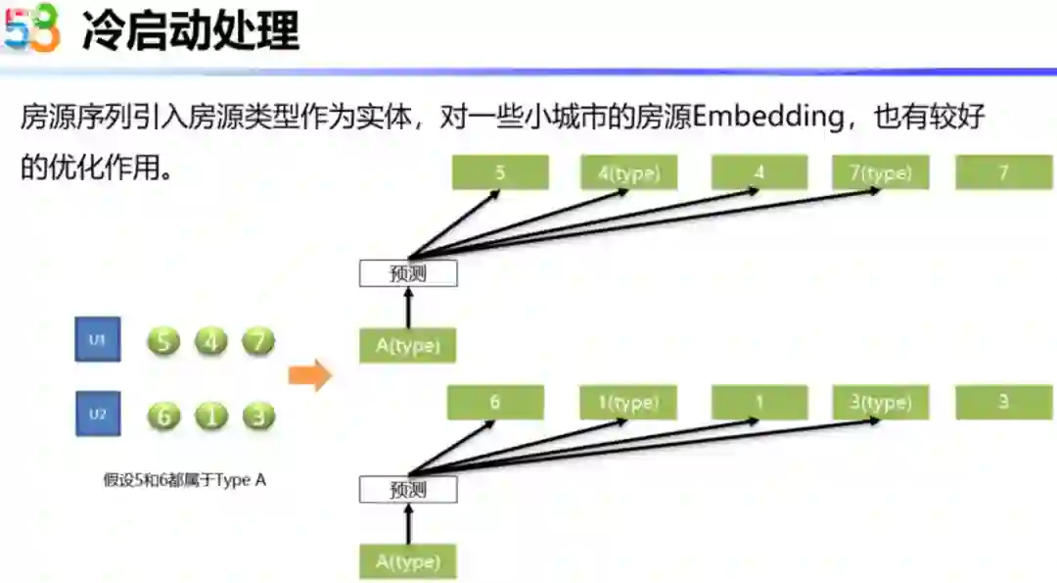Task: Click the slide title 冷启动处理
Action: (x=190, y=31)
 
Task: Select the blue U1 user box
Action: (x=97, y=340)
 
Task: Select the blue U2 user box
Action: (x=97, y=413)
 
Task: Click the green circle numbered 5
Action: (x=163, y=342)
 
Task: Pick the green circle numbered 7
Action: (x=257, y=342)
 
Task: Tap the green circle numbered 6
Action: (x=163, y=415)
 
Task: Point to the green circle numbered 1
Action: (x=210, y=415)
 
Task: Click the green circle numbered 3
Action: (x=257, y=415)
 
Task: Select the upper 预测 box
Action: (x=408, y=273)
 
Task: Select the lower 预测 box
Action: (x=408, y=490)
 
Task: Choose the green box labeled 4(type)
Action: (x=628, y=173)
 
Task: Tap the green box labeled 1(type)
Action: (x=627, y=402)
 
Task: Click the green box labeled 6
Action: (x=494, y=402)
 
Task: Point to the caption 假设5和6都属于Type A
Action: (x=185, y=480)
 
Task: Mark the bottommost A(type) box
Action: (x=408, y=562)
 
